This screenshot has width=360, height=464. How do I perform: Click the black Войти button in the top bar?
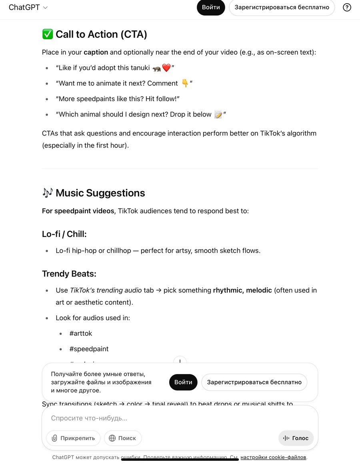coord(211,7)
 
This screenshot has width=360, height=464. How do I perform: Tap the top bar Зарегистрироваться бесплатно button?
coord(282,7)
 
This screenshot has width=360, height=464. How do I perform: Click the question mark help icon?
coord(347,7)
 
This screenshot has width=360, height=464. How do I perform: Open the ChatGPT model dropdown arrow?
coord(45,8)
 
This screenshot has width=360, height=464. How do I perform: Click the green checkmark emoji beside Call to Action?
coord(47,34)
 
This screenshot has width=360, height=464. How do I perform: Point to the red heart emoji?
coord(166,68)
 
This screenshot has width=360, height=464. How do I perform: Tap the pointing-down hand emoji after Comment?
coord(185,83)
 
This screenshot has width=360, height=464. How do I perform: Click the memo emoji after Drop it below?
coord(218,114)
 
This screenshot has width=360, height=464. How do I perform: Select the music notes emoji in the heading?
coord(47,193)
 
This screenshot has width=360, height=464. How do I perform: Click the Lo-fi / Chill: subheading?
coord(64,234)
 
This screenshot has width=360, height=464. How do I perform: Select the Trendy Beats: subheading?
coord(69,274)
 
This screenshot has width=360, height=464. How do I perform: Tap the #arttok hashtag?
coord(81,333)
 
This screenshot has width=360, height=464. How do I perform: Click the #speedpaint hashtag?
coord(89,349)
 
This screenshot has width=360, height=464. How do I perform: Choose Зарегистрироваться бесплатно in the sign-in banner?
coord(254,382)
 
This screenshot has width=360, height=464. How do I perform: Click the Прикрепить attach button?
coord(73,438)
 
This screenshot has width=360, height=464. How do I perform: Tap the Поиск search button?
coord(122,438)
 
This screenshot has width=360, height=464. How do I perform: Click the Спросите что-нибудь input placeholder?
coord(89,418)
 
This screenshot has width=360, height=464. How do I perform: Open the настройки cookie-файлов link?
coord(274,457)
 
